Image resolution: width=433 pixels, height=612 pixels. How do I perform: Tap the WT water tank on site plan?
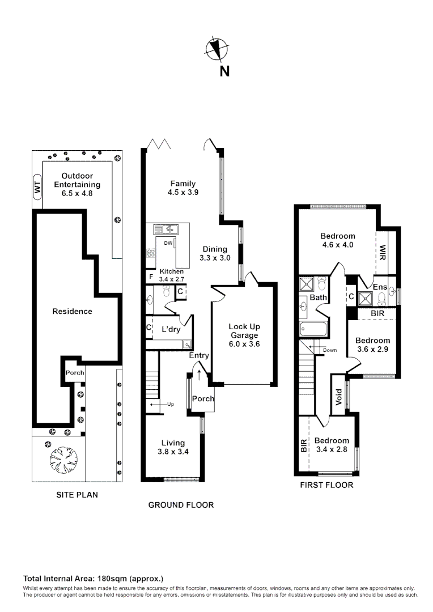point(37,188)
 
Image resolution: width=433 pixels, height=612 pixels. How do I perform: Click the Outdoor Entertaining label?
point(77,184)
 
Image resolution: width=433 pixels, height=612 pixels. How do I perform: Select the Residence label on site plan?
point(72,311)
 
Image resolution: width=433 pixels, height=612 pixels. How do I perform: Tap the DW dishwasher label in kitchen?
point(168,243)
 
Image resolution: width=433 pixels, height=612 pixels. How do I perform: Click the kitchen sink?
point(168,229)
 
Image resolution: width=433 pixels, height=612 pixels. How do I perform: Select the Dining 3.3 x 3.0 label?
point(215,253)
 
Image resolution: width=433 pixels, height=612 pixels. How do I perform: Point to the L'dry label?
point(171,329)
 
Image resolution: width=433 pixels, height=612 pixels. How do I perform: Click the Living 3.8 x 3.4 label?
point(173,447)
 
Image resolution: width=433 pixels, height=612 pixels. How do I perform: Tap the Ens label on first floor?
point(380,287)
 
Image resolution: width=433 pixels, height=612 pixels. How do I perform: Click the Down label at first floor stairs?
point(329,350)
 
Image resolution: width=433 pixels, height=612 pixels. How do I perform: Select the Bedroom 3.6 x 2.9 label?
point(372,345)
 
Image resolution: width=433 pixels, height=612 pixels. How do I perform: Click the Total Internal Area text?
point(93,579)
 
